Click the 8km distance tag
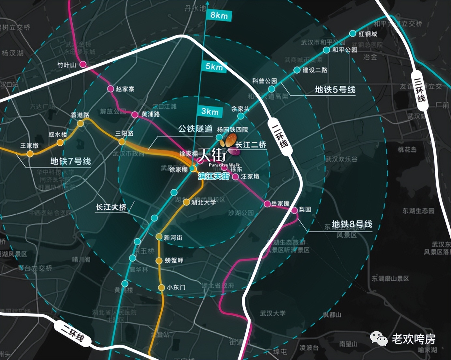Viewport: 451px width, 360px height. [x=219, y=15]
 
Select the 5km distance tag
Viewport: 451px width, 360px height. [x=214, y=67]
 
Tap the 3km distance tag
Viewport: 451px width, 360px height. [x=210, y=112]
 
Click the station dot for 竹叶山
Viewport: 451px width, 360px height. [x=83, y=65]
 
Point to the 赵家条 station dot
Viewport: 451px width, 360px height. [x=111, y=89]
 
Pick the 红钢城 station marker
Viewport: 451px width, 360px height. [x=353, y=34]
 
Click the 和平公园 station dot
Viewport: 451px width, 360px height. [x=327, y=50]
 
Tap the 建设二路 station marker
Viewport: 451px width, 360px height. [x=297, y=70]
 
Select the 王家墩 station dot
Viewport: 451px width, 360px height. [x=30, y=154]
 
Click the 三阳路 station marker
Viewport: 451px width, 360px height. [x=122, y=142]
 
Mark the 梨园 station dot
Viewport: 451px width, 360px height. [x=295, y=210]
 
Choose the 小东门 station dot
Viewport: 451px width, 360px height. [x=161, y=288]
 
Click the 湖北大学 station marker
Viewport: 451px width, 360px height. [x=186, y=202]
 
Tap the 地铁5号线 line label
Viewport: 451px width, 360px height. [x=335, y=90]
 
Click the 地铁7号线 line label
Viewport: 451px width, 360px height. [x=70, y=161]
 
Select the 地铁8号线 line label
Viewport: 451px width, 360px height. [x=352, y=224]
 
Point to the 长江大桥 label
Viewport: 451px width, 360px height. [x=111, y=207]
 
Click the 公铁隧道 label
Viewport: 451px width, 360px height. [x=195, y=129]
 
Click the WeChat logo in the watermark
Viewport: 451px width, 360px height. [x=378, y=338]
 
